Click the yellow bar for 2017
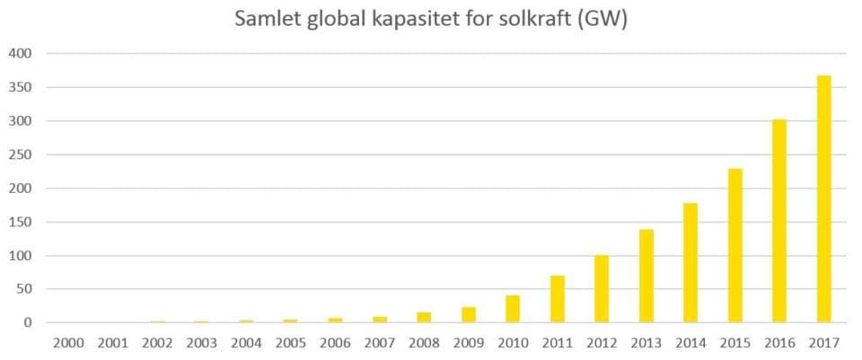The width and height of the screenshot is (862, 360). (823, 199)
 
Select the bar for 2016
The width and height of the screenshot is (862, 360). (778, 221)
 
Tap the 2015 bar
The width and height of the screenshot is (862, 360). (734, 245)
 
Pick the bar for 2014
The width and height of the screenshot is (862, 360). (690, 262)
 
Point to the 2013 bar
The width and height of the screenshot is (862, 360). (646, 276)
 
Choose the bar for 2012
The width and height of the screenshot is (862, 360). (601, 288)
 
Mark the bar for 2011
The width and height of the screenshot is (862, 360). (557, 299)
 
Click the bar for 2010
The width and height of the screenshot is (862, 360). (512, 309)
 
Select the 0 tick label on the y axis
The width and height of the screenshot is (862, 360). (27, 323)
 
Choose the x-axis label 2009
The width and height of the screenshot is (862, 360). (467, 342)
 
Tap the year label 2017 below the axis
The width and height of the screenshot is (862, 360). (823, 342)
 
